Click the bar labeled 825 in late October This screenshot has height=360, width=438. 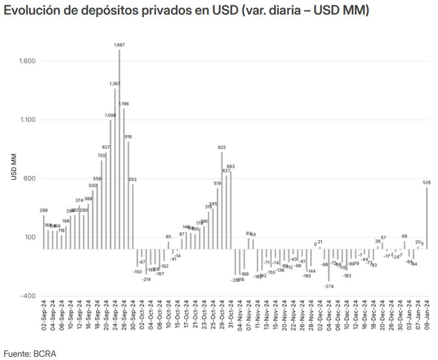[222, 200]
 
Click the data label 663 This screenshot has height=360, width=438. [230, 166]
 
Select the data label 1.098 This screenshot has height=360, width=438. [110, 115]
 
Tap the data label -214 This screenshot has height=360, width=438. [146, 279]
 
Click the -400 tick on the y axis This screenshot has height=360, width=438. [27, 296]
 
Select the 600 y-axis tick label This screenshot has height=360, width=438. [30, 179]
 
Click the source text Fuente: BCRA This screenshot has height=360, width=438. [30, 353]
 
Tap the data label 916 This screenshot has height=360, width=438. [128, 136]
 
